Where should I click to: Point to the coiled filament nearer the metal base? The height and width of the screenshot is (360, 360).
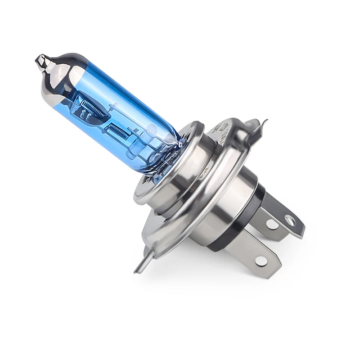[x=120, y=132]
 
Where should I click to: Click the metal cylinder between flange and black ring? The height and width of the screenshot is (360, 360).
[x=229, y=198]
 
